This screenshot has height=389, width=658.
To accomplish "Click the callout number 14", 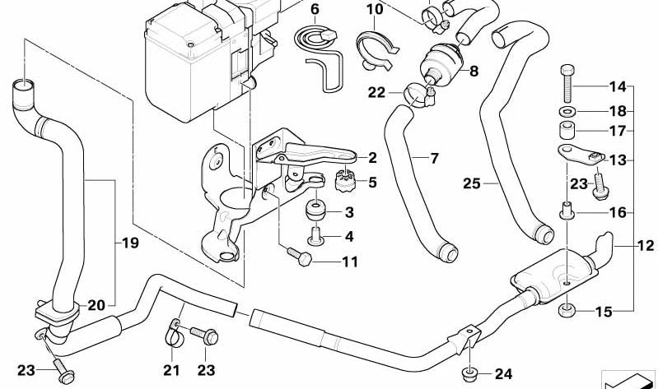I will click(618, 86).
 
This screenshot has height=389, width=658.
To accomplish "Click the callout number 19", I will click(130, 243).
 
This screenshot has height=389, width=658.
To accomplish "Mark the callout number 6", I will click(314, 10).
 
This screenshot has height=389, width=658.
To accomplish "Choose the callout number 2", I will click(372, 158).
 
